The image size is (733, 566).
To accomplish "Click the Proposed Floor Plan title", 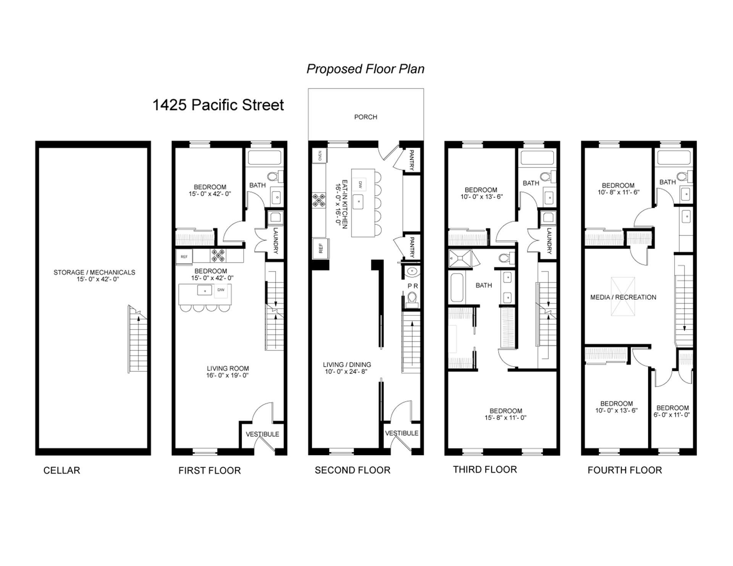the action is (x=365, y=69).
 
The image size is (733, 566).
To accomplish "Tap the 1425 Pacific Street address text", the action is (x=218, y=105).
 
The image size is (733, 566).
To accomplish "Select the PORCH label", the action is (x=365, y=117).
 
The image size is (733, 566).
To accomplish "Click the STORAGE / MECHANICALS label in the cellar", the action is (x=94, y=272).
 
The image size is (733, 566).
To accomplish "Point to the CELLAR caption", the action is (x=61, y=470).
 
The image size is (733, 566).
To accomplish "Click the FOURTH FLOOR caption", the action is (x=625, y=470).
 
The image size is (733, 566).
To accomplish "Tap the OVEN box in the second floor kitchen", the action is (x=320, y=156).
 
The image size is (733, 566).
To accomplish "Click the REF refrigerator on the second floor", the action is (x=321, y=248).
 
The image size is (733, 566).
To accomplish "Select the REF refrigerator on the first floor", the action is (x=184, y=257).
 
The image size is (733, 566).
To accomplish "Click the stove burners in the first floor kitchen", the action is (x=218, y=255).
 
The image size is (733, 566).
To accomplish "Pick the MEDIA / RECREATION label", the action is (x=623, y=297).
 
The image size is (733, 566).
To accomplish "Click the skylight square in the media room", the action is (x=623, y=296).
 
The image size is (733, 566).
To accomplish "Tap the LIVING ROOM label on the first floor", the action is (x=228, y=368).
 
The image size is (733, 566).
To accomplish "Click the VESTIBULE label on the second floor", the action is (x=402, y=433).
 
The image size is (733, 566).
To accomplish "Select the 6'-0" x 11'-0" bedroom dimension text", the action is (x=672, y=415).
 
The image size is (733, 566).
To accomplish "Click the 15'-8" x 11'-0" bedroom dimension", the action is (x=505, y=418).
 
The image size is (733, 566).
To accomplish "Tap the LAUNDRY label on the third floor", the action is (x=549, y=241).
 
